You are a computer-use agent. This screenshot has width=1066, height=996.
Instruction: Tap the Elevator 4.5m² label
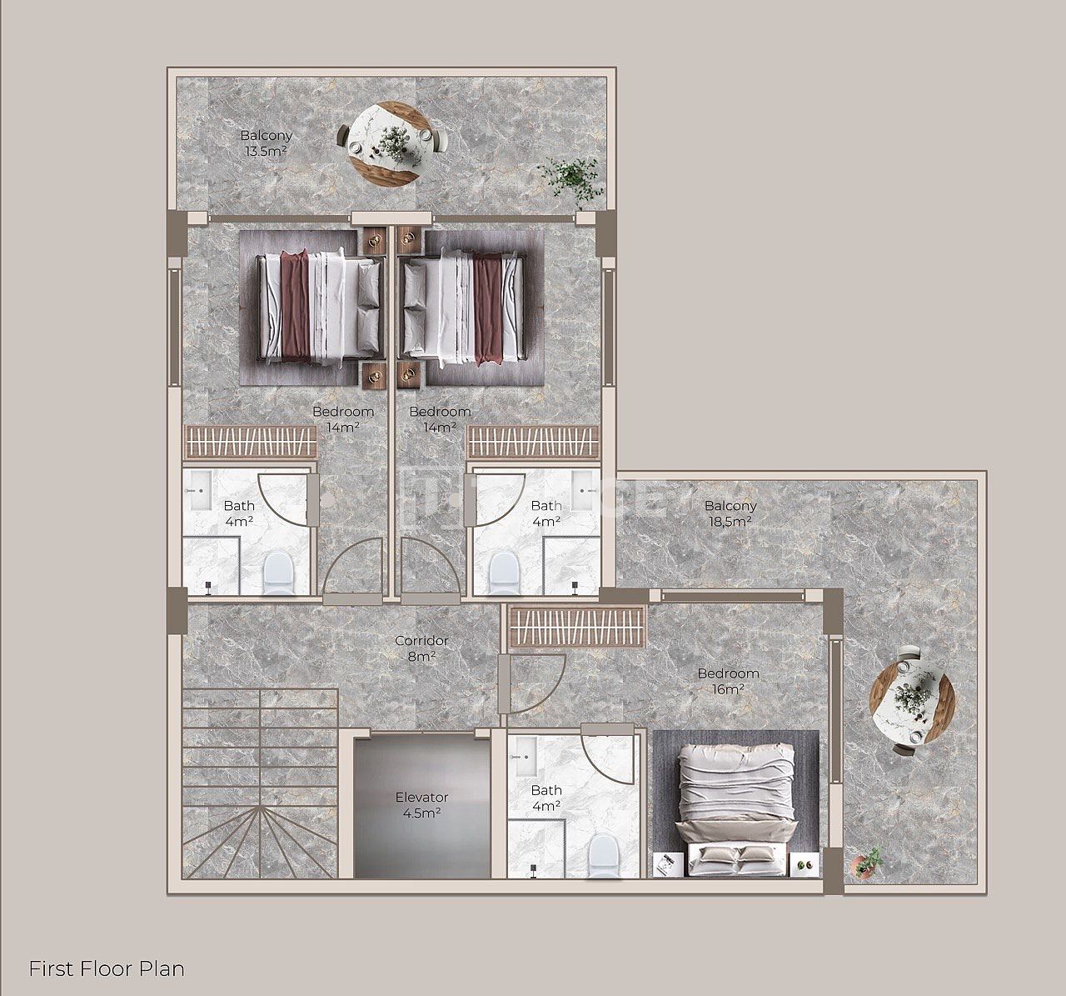tap(421, 805)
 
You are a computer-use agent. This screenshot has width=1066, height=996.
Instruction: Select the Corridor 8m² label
tap(421, 648)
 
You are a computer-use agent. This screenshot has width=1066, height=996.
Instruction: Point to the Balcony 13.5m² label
tap(266, 143)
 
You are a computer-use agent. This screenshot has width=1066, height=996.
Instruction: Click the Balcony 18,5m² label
tap(730, 513)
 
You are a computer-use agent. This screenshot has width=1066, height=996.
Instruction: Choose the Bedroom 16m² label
tap(729, 681)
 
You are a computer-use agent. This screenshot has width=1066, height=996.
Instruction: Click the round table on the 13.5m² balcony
tap(391, 143)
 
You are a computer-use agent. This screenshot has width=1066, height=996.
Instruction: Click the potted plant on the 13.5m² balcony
tap(569, 180)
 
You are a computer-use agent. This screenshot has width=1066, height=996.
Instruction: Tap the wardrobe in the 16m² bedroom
tap(577, 628)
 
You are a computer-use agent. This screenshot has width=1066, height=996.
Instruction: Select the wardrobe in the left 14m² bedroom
tap(250, 443)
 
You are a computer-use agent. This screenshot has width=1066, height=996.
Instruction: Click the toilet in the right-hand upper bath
tap(504, 573)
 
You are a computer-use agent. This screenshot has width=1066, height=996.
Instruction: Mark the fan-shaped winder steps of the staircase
tap(260, 842)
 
